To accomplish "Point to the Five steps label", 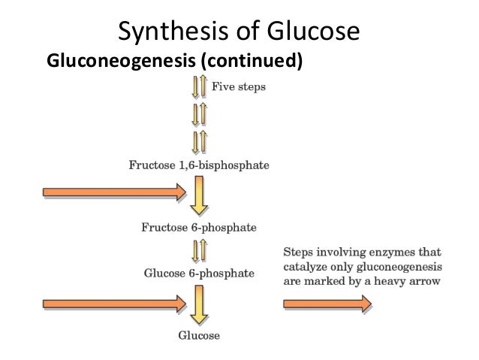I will tap(238, 86).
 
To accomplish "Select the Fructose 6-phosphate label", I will tap(199, 225).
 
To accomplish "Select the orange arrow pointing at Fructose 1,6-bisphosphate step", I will tap(113, 193).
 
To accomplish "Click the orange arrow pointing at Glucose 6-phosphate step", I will tap(113, 303).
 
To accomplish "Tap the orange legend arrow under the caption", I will tap(327, 303).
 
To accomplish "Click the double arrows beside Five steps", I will tap(200, 88).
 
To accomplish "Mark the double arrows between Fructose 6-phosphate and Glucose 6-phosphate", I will tap(200, 249).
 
